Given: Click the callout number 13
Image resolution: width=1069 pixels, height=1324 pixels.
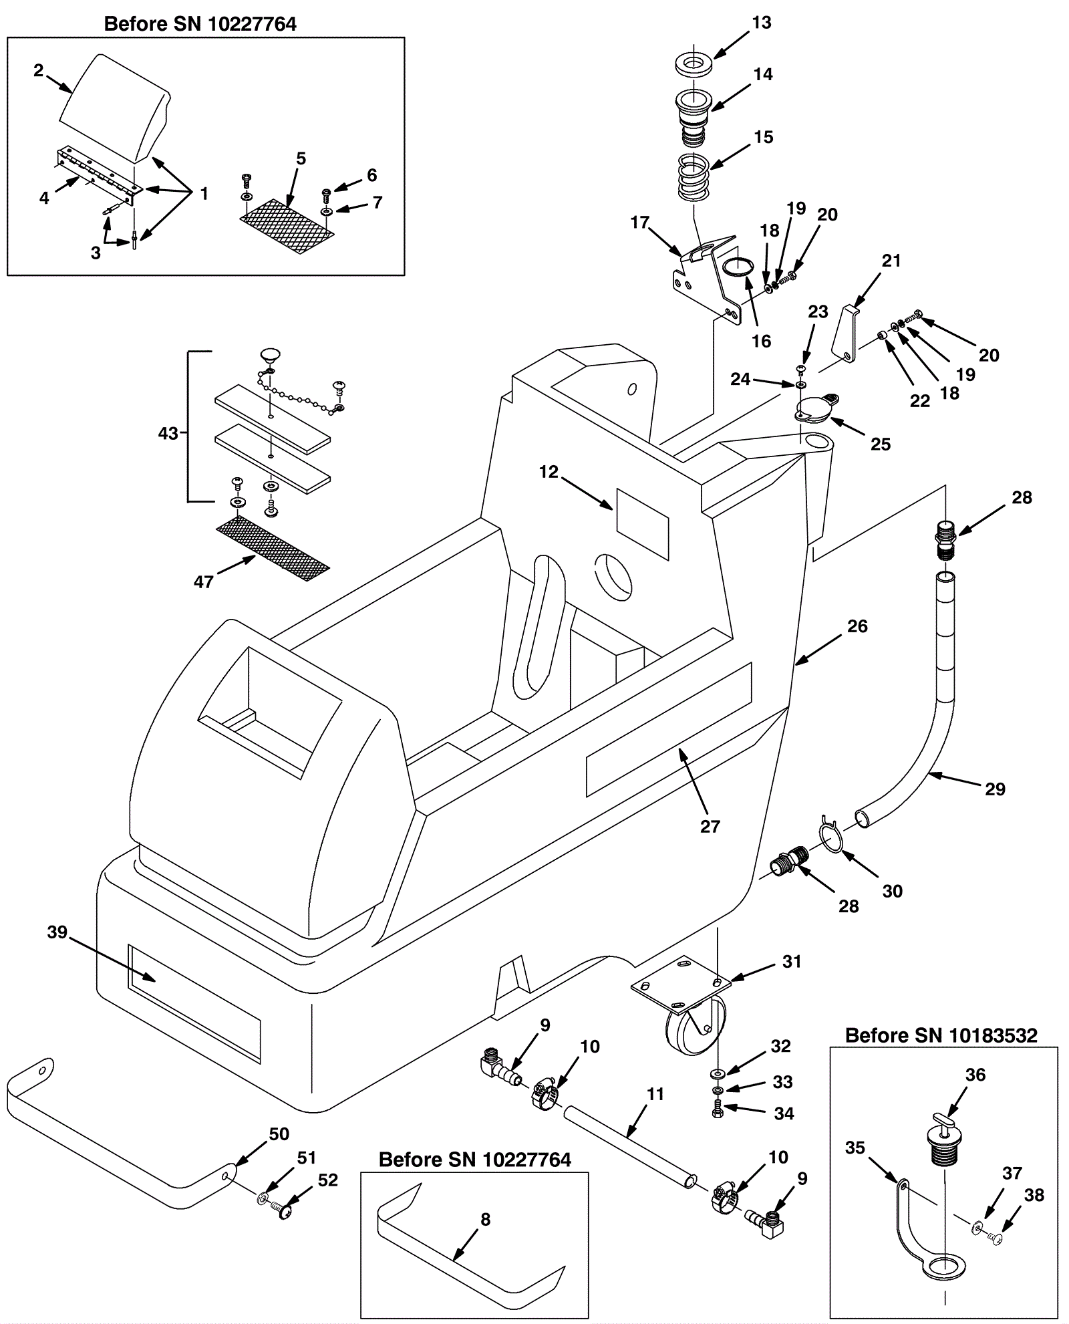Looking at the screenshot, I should (762, 23).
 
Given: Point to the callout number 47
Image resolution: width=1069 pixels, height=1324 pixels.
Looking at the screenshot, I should (203, 581).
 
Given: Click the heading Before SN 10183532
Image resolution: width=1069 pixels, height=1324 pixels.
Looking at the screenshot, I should (941, 1036).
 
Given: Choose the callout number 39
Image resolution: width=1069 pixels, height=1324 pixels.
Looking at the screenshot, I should (57, 932).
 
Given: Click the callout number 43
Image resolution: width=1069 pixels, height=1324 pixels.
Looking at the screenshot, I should (168, 433).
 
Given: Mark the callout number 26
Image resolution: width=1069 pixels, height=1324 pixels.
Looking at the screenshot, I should (857, 626).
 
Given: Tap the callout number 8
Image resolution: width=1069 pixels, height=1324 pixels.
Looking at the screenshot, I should (485, 1220).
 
